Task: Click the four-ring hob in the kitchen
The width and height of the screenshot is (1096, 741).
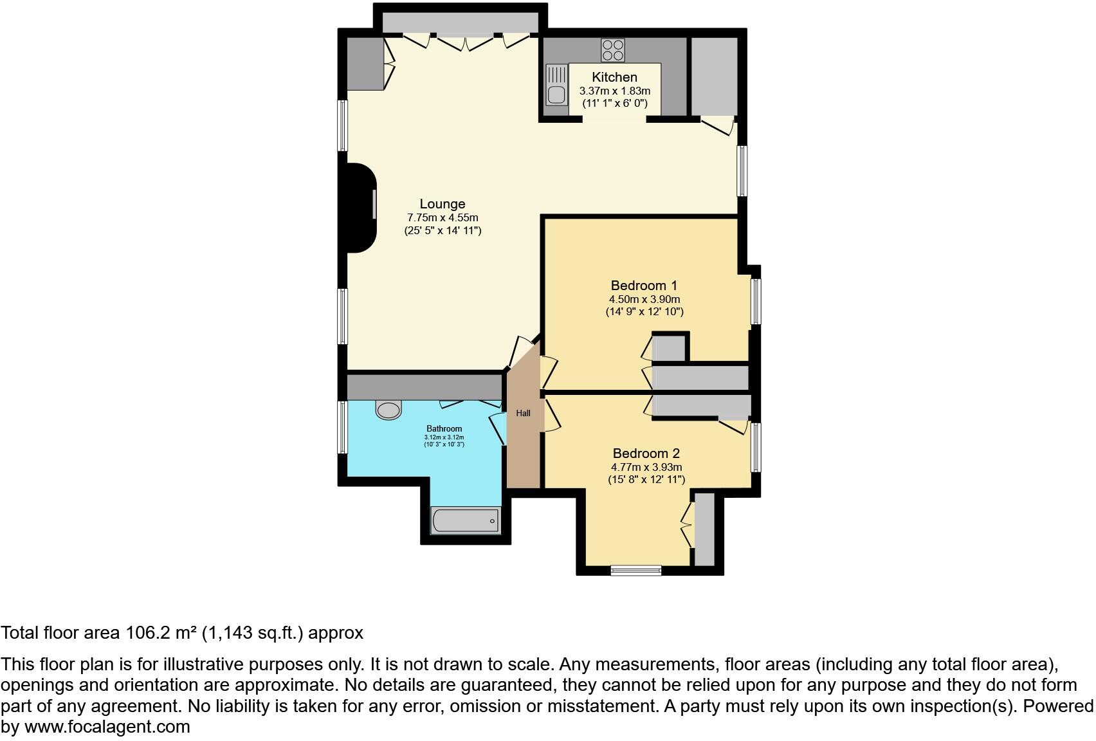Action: [x=612, y=50]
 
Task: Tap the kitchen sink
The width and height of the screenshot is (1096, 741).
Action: [x=556, y=86]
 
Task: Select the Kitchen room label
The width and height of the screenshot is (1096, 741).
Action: [x=614, y=77]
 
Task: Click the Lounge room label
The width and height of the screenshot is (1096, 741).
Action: [x=443, y=204]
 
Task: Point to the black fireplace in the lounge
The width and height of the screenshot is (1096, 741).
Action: [x=360, y=208]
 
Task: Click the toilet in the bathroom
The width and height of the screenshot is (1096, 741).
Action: [x=388, y=410]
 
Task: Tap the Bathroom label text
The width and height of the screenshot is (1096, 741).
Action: [x=444, y=429]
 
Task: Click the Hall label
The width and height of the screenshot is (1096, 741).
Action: [x=523, y=413]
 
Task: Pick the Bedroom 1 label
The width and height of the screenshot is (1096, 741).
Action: [x=644, y=285]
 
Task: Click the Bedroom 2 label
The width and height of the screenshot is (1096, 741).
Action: [x=646, y=453]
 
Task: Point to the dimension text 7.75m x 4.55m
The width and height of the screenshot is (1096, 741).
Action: [x=443, y=218]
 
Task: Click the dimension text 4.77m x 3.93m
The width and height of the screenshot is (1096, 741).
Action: [x=646, y=468]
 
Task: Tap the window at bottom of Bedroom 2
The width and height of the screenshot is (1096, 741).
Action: [x=635, y=570]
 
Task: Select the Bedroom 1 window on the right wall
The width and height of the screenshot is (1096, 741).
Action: [x=756, y=301]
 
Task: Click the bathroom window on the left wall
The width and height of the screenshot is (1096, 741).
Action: [x=343, y=428]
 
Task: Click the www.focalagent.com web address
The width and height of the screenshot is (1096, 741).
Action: [x=107, y=727]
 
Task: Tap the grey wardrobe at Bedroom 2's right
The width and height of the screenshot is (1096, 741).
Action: [x=704, y=529]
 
